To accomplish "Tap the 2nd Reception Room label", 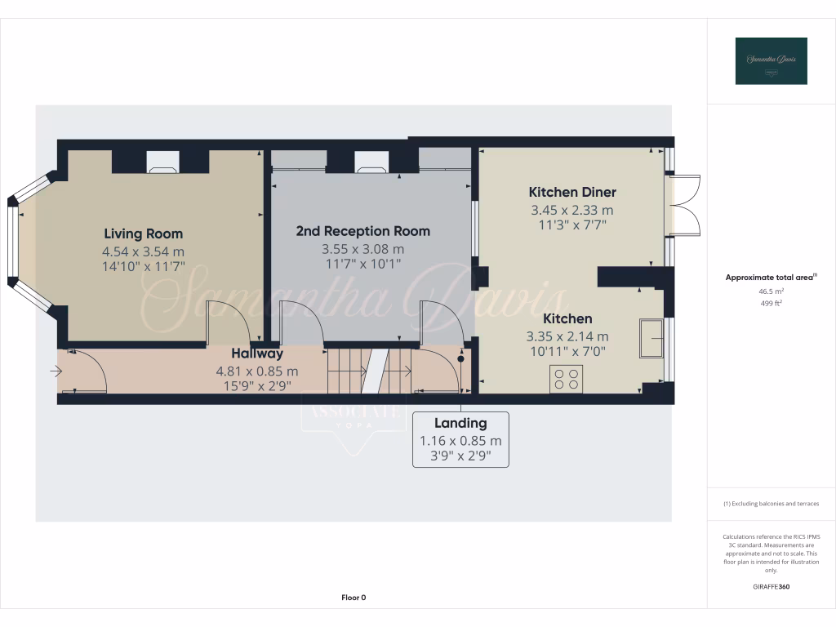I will click(362, 231).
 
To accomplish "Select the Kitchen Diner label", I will click(572, 192).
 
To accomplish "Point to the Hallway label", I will click(257, 354).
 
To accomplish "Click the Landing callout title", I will click(460, 423).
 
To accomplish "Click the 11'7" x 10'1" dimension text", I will click(362, 265).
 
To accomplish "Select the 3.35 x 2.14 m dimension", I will click(567, 336).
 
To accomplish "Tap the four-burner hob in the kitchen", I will click(566, 379).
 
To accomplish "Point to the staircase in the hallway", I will click(370, 371).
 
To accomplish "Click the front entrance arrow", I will click(56, 371).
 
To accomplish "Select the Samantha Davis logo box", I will click(771, 60).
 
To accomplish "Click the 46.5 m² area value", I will click(772, 290).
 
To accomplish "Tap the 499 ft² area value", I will click(772, 302).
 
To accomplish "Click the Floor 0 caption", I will click(354, 598).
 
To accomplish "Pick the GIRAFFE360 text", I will click(772, 586).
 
